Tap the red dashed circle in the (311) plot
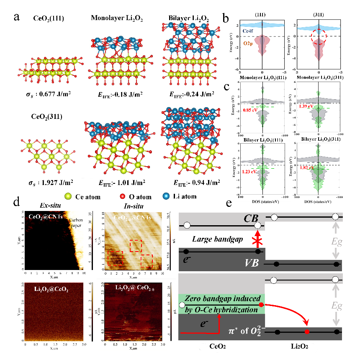coord(319,36)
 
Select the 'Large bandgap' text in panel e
coord(213,239)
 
